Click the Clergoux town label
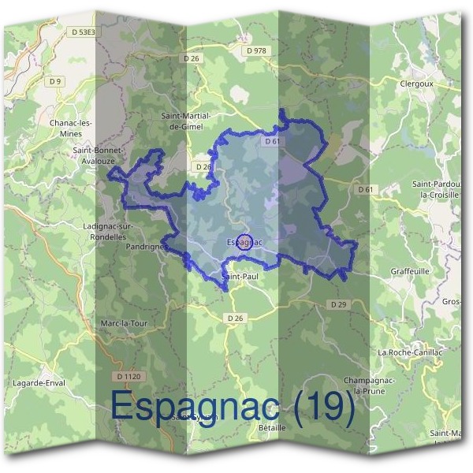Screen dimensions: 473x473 click(418, 82)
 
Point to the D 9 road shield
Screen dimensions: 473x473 click(54, 81)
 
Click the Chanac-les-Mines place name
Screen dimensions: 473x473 click(71, 128)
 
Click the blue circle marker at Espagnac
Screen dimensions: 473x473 click(244, 241)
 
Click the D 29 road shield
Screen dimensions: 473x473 click(338, 304)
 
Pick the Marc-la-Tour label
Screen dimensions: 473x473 click(125, 323)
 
